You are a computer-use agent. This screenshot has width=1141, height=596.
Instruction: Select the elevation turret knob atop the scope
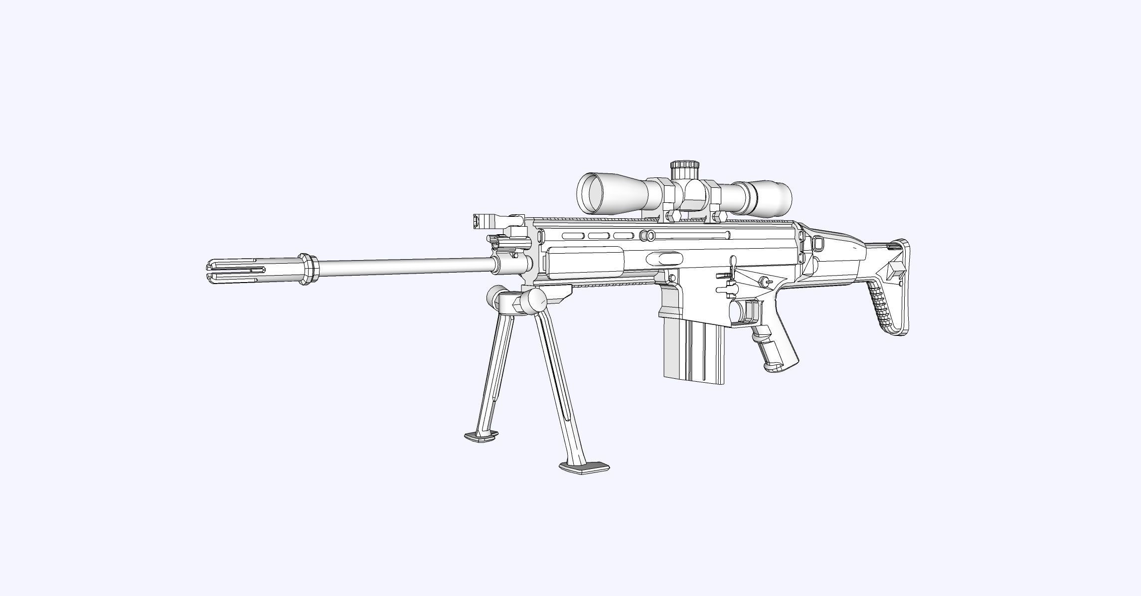[x=684, y=170]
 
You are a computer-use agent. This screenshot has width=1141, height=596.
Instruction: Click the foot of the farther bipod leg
[x=481, y=438]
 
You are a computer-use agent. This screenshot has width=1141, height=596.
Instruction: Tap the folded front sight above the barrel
[x=498, y=219]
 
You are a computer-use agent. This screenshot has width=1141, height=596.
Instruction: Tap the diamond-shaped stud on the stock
[x=891, y=269]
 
